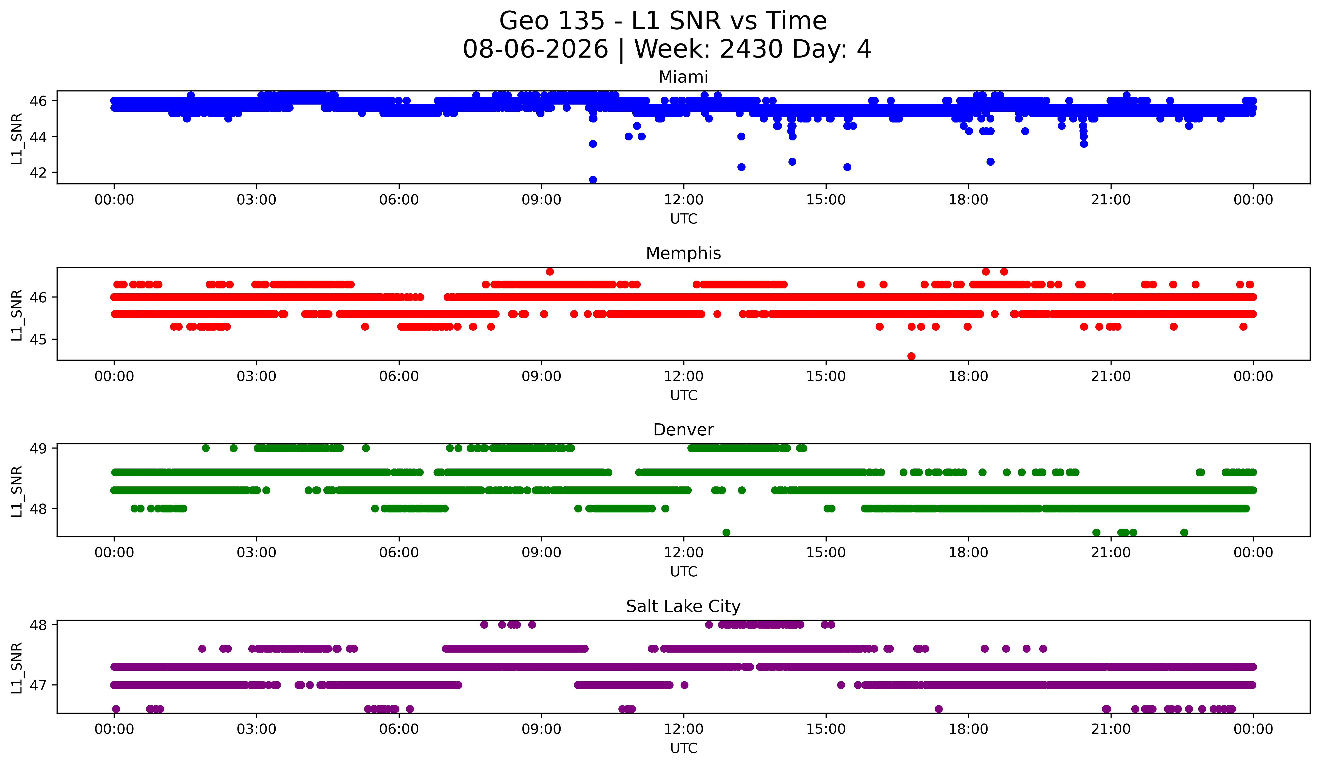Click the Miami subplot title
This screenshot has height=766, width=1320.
tap(683, 77)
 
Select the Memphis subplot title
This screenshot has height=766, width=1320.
tap(683, 253)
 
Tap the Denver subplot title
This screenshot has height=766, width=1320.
tap(683, 430)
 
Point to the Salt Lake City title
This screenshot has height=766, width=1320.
tap(683, 606)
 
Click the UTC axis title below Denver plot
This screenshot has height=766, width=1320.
tap(684, 572)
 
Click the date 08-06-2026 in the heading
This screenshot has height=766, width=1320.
tap(535, 49)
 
